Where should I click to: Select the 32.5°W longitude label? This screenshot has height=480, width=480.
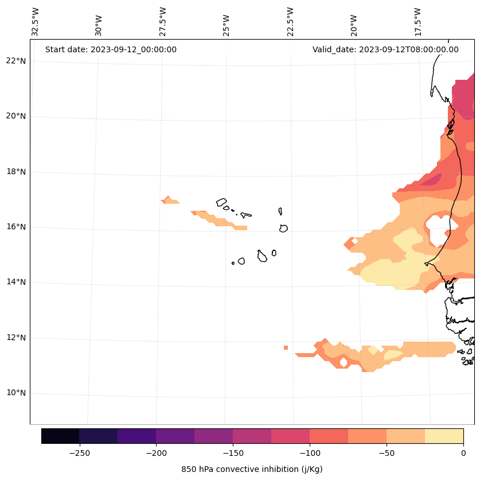pos(36,22)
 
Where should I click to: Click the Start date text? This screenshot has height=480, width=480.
pos(111,49)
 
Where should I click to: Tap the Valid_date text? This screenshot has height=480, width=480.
pos(385,49)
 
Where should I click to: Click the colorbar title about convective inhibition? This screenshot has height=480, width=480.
pos(252,469)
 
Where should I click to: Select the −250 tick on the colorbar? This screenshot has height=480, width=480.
pos(79,453)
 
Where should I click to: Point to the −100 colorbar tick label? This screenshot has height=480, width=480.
pos(310,453)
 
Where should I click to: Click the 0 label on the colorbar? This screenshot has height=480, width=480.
pos(463,453)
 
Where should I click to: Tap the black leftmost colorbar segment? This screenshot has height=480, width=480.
pos(60,436)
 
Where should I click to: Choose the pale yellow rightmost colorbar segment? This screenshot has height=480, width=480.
pos(444,436)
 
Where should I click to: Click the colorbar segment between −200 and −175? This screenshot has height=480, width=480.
pos(175,436)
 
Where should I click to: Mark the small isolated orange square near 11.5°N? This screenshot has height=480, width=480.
pos(286,347)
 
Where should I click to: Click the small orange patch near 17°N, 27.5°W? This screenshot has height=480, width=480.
pos(169,200)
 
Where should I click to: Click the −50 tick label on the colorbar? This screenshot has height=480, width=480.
pos(387,453)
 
